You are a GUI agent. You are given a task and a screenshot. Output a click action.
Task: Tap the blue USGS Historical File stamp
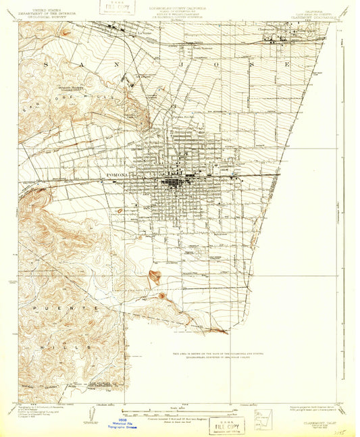tap(123, 423)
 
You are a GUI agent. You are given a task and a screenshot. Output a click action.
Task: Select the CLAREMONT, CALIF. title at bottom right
tap(316, 417)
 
